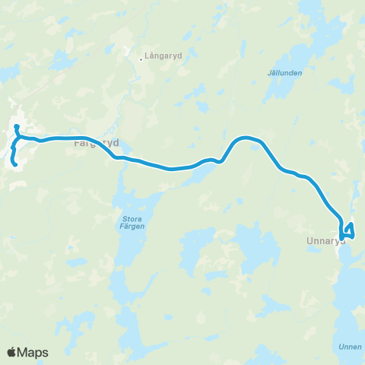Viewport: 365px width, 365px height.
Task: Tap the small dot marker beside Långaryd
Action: tap(142, 56)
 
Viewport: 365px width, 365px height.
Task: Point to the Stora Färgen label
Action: tap(132, 222)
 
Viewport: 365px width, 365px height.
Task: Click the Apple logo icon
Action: tap(13, 352)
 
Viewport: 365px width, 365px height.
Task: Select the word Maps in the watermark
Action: tap(33, 352)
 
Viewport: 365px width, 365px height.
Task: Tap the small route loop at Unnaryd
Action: tap(348, 231)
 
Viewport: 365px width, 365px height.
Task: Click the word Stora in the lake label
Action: tap(132, 218)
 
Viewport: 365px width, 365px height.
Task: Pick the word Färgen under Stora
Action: tap(132, 227)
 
